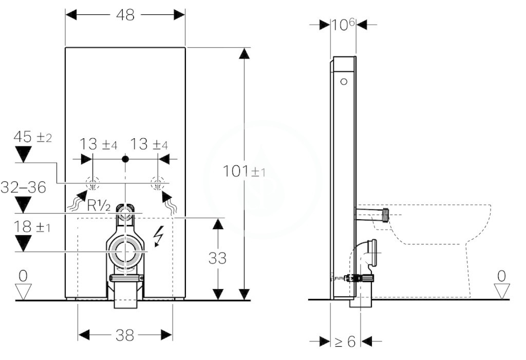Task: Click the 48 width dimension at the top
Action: coord(125,15)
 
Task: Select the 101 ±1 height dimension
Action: coord(244,172)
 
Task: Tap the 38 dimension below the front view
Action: coord(125,335)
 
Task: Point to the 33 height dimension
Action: coord(217,258)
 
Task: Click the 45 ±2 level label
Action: coord(32,137)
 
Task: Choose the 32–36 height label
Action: coord(23,187)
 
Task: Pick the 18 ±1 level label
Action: coord(32,227)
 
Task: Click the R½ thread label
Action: coord(99,205)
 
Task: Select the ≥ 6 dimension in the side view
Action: coord(345,342)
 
